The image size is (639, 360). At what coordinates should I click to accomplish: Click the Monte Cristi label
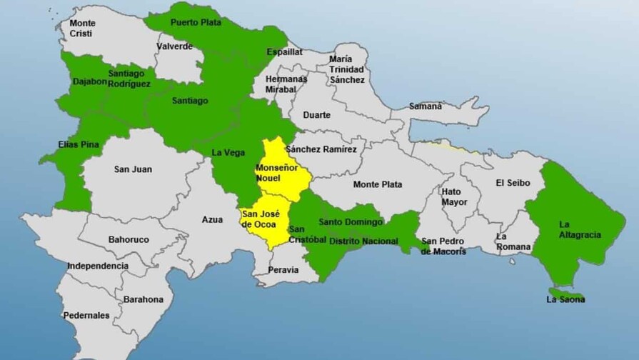pyautogui.click(x=82, y=29)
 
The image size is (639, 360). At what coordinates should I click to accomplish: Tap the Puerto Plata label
pyautogui.click(x=196, y=22)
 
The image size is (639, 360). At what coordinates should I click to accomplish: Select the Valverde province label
pyautogui.click(x=174, y=46)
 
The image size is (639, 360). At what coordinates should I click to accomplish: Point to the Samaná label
pyautogui.click(x=426, y=106)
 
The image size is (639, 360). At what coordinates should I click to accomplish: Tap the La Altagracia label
pyautogui.click(x=580, y=229)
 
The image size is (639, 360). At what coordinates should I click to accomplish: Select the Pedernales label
pyautogui.click(x=86, y=315)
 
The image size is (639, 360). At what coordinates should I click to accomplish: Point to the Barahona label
pyautogui.click(x=143, y=299)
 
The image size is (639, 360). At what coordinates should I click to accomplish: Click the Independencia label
pyautogui.click(x=98, y=266)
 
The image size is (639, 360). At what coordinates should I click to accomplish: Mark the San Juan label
pyautogui.click(x=131, y=169)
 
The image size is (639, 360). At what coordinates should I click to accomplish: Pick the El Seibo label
pyautogui.click(x=513, y=183)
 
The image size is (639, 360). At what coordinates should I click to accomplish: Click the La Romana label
pyautogui.click(x=513, y=241)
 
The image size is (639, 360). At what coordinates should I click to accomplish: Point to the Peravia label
pyautogui.click(x=283, y=270)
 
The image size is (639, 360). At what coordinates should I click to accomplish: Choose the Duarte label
pyautogui.click(x=316, y=115)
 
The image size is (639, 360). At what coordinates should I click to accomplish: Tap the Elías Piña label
pyautogui.click(x=79, y=144)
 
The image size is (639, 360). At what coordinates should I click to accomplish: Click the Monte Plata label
pyautogui.click(x=377, y=184)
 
